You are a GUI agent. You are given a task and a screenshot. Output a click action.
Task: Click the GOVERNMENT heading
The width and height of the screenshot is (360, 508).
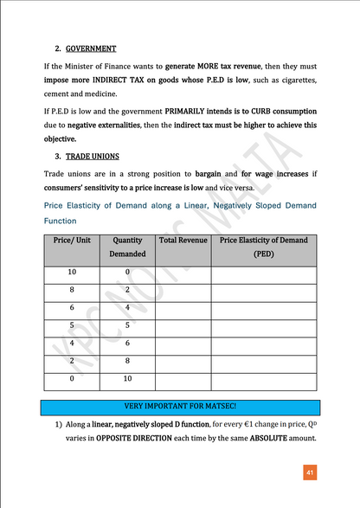90,48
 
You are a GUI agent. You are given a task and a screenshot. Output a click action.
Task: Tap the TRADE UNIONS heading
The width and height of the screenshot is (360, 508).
93,157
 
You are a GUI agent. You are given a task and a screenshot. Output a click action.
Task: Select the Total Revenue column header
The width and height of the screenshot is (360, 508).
180,238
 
